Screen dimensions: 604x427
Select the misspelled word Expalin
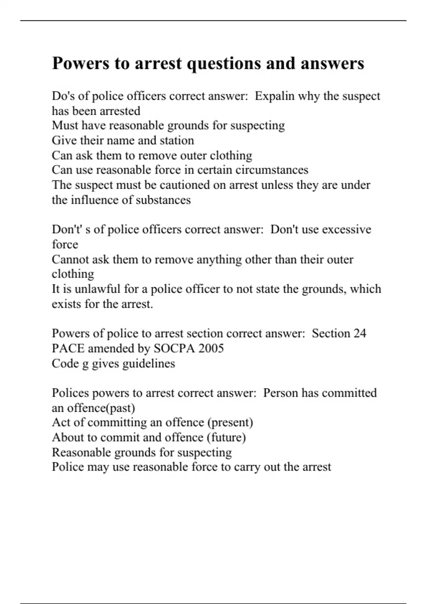pos(273,96)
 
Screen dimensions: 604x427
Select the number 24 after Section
pos(359,333)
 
